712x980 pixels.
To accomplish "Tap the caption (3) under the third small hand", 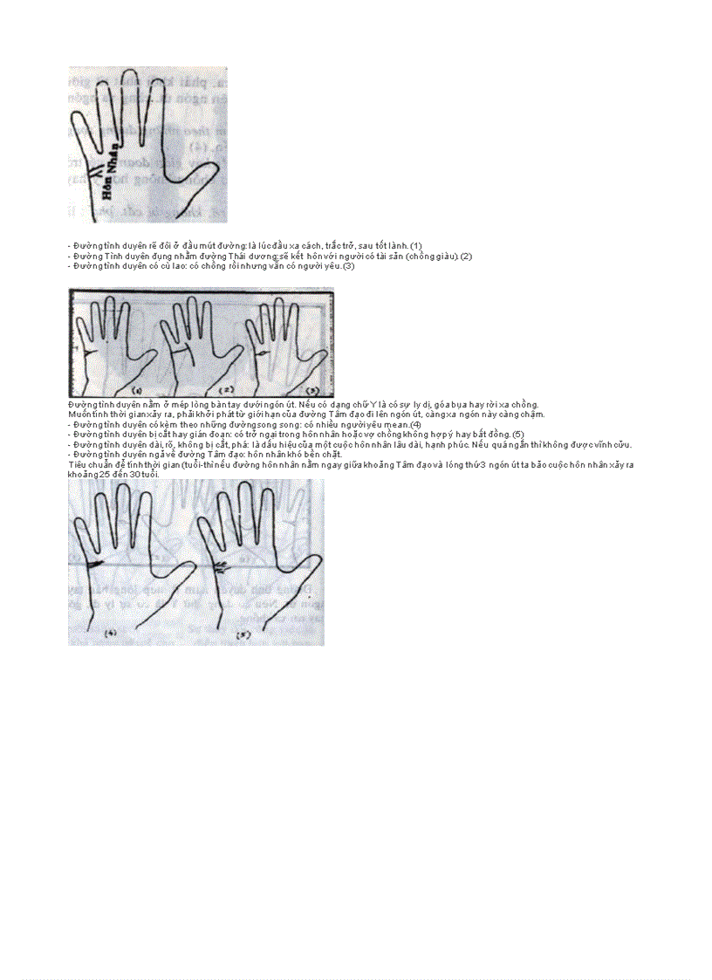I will [312, 390].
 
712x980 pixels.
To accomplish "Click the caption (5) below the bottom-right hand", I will [243, 634].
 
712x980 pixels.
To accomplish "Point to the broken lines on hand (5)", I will [221, 567].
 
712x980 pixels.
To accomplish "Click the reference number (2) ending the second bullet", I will [466, 257].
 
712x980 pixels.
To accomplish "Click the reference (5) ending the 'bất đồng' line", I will [517, 434].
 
